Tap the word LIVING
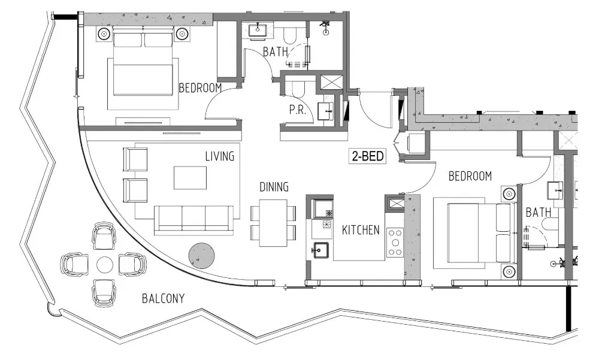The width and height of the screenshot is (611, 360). tap(219, 156)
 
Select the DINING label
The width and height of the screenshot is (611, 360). tap(274, 187)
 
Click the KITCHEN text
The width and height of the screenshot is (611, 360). tap(361, 229)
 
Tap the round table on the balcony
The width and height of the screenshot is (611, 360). tap(105, 264)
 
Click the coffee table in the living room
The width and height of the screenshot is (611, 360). tap(190, 178)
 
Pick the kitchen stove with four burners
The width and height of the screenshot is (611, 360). tap(394, 242)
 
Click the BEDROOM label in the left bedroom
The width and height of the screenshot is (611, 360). tap(200, 88)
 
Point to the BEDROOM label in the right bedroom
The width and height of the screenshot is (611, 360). tap(470, 176)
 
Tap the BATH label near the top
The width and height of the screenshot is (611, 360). tap(276, 52)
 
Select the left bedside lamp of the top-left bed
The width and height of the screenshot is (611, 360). tap(104, 33)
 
